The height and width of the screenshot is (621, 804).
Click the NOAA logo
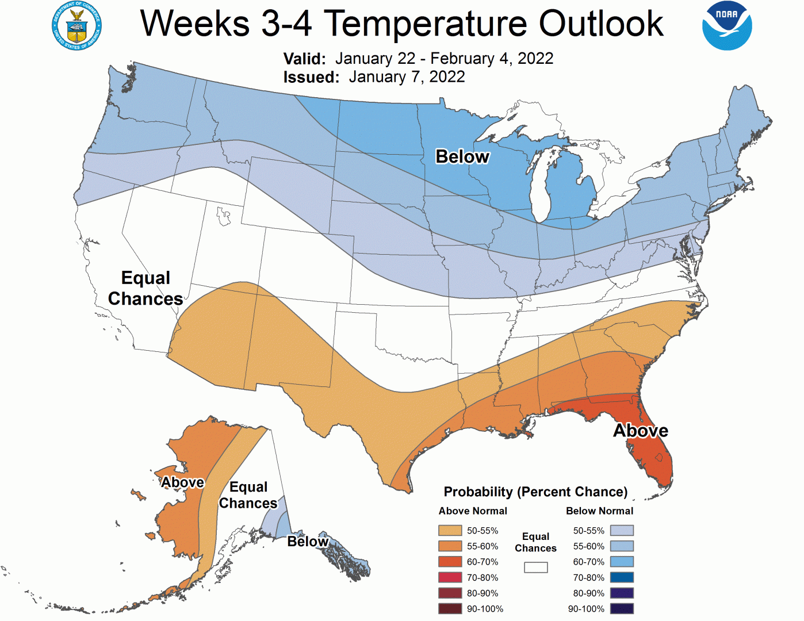point(727,26)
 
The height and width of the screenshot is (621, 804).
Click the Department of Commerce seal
point(76,26)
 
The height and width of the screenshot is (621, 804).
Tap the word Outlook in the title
point(601,24)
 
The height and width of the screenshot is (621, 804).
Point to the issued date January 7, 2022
point(407,77)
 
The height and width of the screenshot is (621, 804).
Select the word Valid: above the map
point(304,59)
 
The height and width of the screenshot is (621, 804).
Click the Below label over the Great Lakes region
point(462,156)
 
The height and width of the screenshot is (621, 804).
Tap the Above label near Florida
point(640,431)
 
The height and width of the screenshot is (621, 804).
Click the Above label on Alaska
point(182,482)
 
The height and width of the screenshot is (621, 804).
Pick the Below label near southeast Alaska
point(308,542)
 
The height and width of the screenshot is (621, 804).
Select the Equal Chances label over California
point(146,288)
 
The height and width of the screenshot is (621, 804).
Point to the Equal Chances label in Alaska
point(248,495)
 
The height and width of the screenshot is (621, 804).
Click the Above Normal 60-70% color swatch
point(450,562)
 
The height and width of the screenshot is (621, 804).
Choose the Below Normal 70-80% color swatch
point(622,577)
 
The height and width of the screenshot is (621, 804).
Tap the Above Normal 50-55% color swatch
point(450,530)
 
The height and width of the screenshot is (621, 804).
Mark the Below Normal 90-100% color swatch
point(622,608)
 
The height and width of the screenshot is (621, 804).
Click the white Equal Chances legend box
point(535,568)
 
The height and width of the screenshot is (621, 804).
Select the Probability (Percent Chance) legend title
point(535,492)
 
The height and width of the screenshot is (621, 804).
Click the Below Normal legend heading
point(599,511)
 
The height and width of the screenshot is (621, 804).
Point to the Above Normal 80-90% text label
point(483,593)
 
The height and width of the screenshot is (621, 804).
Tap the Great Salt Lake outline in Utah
point(223,216)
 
